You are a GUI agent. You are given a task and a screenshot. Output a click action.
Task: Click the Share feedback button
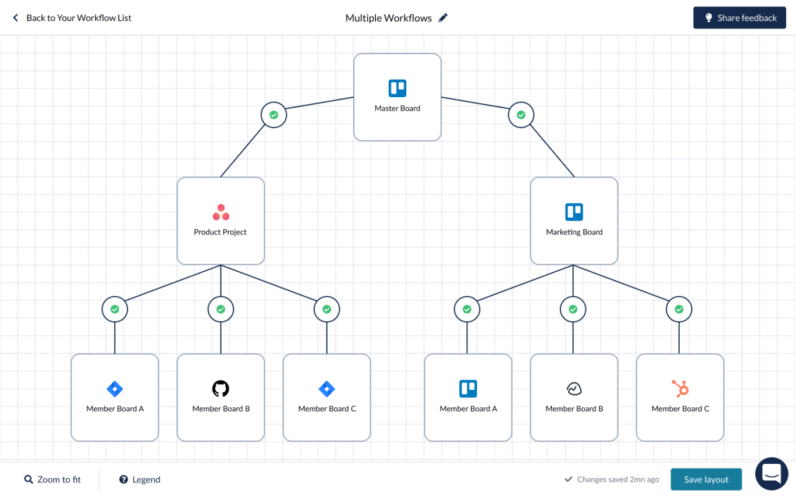click(x=739, y=18)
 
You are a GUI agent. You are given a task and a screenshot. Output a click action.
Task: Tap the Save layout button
click(x=706, y=480)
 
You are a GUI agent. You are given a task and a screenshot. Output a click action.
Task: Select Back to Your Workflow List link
click(x=72, y=18)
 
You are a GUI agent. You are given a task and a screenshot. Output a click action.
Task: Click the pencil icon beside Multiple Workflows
click(x=443, y=18)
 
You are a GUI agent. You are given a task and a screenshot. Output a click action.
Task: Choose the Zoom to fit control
click(x=52, y=480)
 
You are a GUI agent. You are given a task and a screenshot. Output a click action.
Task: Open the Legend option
click(x=140, y=480)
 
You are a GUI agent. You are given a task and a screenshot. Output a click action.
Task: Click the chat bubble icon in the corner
click(x=771, y=474)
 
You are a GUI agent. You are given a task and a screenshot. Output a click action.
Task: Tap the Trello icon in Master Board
click(x=397, y=88)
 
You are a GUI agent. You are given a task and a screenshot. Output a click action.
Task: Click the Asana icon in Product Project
click(x=221, y=212)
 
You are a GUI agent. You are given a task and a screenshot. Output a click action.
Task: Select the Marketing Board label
click(x=574, y=232)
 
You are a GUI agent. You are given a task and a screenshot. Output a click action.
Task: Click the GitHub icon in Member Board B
click(x=221, y=389)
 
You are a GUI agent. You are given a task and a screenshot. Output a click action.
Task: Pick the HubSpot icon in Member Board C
click(x=680, y=388)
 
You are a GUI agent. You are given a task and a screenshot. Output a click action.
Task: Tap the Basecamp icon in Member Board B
click(x=574, y=389)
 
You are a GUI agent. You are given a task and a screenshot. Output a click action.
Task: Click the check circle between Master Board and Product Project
click(x=274, y=115)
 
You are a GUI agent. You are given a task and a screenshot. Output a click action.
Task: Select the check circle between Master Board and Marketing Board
click(x=521, y=115)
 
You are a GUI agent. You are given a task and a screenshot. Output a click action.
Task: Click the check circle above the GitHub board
click(x=221, y=310)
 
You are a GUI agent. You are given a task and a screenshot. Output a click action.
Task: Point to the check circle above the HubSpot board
click(x=679, y=310)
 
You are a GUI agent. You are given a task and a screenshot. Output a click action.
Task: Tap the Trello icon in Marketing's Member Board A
click(x=468, y=389)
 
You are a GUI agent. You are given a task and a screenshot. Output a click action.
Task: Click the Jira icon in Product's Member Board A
click(x=115, y=389)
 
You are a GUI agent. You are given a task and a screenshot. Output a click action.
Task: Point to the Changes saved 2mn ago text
click(x=617, y=480)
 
